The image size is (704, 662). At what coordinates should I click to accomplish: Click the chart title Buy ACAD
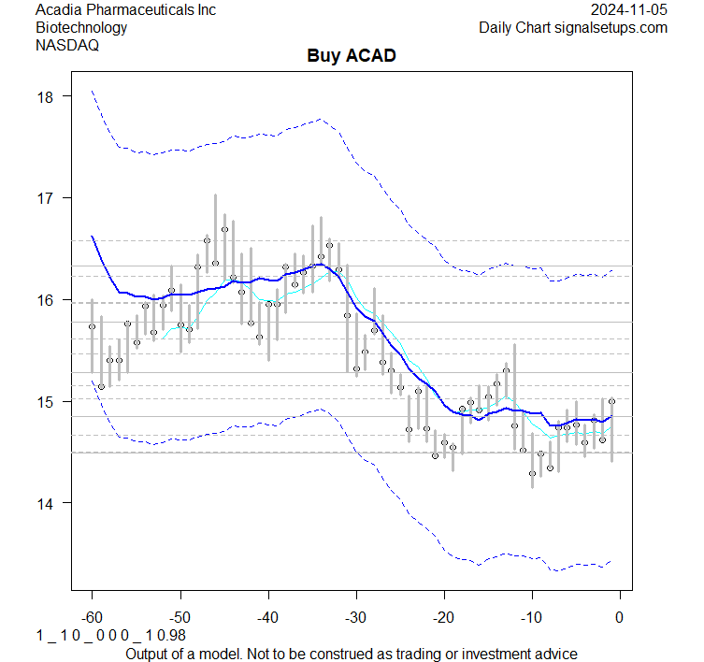tap(352, 56)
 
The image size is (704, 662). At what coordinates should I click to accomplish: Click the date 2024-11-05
tap(630, 9)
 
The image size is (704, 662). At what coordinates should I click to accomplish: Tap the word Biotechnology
tap(81, 27)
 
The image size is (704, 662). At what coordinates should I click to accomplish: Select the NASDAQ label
tap(66, 45)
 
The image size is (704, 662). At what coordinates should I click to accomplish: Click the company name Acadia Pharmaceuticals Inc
tap(125, 9)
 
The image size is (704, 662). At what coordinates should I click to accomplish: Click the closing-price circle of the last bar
tap(611, 401)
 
